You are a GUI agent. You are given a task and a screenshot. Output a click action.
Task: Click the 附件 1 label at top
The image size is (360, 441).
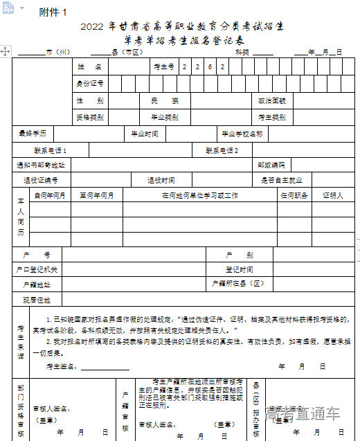tap(53, 12)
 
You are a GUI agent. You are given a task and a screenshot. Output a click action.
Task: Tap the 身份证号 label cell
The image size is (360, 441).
tap(89, 84)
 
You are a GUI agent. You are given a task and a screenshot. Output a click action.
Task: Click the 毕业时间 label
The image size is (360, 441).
tap(145, 134)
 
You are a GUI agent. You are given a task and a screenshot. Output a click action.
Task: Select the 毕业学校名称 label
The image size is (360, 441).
tap(242, 134)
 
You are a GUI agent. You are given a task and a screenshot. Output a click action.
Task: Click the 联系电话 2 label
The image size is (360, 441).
tap(222, 150)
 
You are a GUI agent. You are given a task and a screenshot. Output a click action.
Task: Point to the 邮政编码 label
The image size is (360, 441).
tap(271, 165)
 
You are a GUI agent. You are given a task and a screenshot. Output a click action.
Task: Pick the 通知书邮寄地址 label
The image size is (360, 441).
tap(41, 165)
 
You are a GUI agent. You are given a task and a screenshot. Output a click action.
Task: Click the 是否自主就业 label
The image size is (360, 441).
tap(281, 181)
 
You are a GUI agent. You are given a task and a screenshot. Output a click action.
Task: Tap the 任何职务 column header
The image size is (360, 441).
tap(294, 196)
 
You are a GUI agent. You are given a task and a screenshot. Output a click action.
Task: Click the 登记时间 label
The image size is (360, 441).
tap(240, 269)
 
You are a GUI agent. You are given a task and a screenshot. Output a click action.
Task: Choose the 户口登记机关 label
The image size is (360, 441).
tap(37, 269)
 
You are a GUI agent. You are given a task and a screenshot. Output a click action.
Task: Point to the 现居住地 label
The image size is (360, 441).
tap(37, 300)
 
